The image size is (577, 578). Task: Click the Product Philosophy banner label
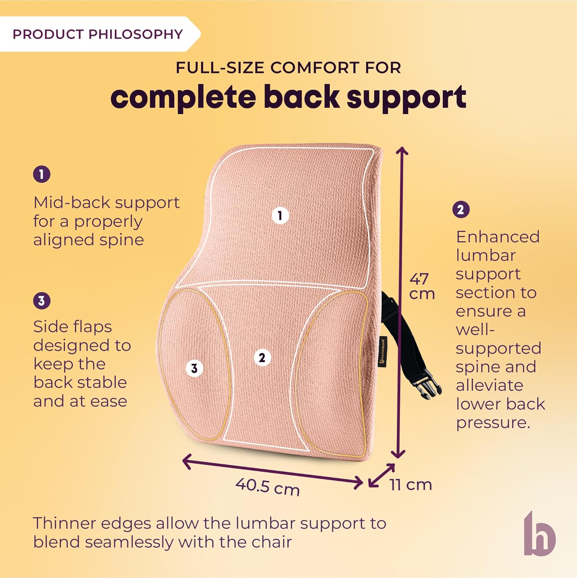(x=97, y=34)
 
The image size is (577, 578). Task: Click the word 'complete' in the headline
(x=183, y=97)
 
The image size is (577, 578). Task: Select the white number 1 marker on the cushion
(x=280, y=215)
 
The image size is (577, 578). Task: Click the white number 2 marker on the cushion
(x=262, y=358)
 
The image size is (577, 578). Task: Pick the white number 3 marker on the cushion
(x=194, y=368)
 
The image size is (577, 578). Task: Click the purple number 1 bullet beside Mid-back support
(x=42, y=174)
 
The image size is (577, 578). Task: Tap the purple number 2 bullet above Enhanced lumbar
(x=460, y=210)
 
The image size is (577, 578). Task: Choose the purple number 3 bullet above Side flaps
(x=42, y=301)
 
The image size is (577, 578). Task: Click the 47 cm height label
(x=421, y=286)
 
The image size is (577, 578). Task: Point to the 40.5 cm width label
(x=268, y=487)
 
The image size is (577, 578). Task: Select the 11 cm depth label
(x=410, y=485)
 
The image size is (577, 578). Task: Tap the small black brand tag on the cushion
(x=382, y=351)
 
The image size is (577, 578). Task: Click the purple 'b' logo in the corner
(x=540, y=534)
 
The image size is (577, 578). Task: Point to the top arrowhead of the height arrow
(x=401, y=150)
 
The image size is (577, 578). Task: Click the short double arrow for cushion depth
(x=381, y=476)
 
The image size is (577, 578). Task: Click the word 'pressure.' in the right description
(x=493, y=423)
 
